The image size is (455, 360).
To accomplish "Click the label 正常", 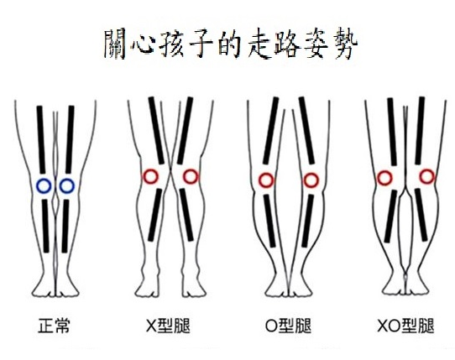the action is point(54,326).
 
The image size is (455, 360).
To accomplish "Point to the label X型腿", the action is point(168,326).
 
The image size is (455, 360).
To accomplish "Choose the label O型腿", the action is point(288,326).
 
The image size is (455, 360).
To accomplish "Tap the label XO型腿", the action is point(405,326).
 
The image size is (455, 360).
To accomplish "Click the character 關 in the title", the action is point(115,44).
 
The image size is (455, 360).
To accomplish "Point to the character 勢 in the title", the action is point(345,44).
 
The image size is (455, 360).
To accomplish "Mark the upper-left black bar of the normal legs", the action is point(41,139).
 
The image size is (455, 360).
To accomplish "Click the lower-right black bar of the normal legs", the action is point(65,226).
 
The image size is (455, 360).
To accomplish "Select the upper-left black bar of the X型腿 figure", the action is point(156,131).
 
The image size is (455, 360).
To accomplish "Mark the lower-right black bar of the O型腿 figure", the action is point(307,221).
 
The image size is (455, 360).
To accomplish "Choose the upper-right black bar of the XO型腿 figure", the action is point(420,131).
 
